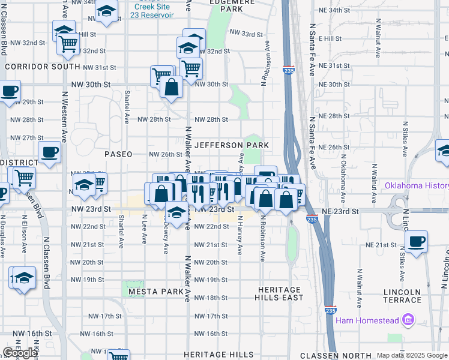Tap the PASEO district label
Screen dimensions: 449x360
tap(118, 154)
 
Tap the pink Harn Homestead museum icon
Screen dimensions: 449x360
tap(410, 320)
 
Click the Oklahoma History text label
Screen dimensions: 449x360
tap(417, 185)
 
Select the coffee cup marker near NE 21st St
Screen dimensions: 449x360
tap(416, 242)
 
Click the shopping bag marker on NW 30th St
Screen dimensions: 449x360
tap(172, 87)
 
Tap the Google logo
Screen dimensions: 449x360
tap(20, 353)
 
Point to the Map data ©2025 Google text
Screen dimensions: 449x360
tap(412, 356)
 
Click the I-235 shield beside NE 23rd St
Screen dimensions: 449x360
tap(312, 220)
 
